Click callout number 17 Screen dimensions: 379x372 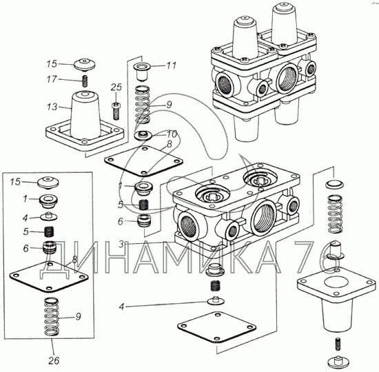pyautogui.click(x=52, y=79)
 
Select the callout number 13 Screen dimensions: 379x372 pyautogui.click(x=52, y=107)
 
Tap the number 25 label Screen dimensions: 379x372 pyautogui.click(x=116, y=87)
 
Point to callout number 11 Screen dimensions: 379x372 pyautogui.click(x=171, y=65)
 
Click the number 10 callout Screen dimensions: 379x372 pyautogui.click(x=172, y=134)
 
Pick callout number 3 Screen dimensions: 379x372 pyautogui.click(x=121, y=244)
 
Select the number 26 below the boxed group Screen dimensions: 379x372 pyautogui.click(x=54, y=361)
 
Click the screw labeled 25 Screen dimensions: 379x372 pyautogui.click(x=116, y=111)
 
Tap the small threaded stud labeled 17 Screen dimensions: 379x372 pyautogui.click(x=85, y=81)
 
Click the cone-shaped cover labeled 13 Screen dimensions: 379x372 pyautogui.click(x=85, y=121)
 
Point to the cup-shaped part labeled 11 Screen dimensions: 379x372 pyautogui.click(x=143, y=71)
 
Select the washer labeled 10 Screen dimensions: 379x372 pyautogui.click(x=143, y=135)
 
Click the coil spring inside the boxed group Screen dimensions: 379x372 pyautogui.click(x=52, y=316)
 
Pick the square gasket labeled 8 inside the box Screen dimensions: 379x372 pyautogui.click(x=49, y=277)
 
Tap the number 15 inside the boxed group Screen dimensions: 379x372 pyautogui.click(x=15, y=182)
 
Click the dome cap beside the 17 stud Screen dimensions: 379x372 pyautogui.click(x=84, y=65)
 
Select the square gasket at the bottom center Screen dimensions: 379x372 pyautogui.click(x=216, y=327)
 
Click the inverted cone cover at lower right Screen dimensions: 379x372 pyautogui.click(x=336, y=300)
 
